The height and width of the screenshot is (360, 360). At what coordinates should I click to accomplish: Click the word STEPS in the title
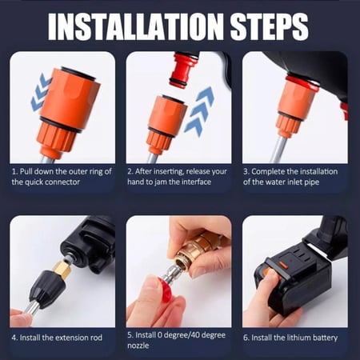point(270,26)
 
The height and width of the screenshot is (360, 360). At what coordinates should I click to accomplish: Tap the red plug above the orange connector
point(183,70)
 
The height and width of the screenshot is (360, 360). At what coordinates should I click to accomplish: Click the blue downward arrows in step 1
point(41,93)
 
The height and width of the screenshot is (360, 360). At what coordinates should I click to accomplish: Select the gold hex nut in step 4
point(62,269)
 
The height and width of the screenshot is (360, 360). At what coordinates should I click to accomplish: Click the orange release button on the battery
point(282,266)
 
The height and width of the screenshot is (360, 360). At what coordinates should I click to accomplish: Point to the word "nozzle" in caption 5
point(138,346)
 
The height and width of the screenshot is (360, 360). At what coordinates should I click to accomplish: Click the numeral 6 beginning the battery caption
point(246,338)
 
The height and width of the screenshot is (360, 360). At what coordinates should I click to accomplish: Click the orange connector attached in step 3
point(293,106)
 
